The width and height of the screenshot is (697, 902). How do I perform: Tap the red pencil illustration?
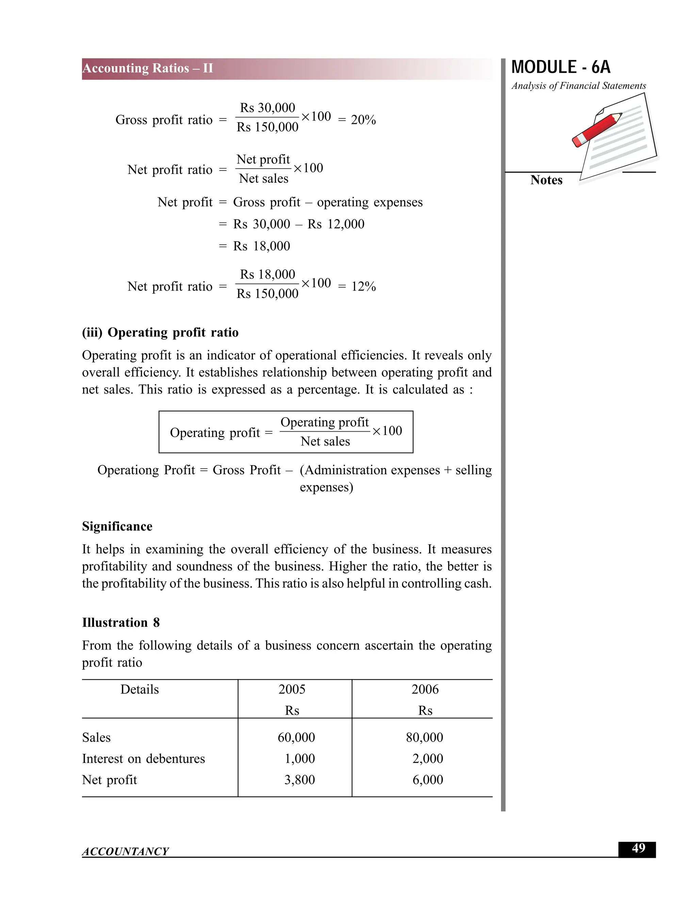pos(596,130)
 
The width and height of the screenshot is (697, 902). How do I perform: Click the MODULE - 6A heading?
pos(560,67)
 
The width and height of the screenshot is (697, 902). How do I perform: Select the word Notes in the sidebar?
pos(546,180)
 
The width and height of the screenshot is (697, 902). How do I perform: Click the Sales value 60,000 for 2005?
pos(296,737)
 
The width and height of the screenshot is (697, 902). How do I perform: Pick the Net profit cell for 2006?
pos(427,780)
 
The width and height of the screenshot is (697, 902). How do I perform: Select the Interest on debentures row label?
pos(143,759)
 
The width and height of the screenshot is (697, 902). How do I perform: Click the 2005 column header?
pos(292,689)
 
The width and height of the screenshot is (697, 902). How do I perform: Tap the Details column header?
pos(140,689)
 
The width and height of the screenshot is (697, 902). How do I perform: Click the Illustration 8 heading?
pos(120,623)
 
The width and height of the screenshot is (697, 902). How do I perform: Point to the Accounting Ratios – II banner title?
pos(148,68)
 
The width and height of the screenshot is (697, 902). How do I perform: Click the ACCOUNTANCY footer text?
pos(125,851)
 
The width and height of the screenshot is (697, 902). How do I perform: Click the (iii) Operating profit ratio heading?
pos(160,333)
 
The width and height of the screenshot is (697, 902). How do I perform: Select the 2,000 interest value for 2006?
pos(427,759)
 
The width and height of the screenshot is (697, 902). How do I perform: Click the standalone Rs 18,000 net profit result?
pos(261,246)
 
